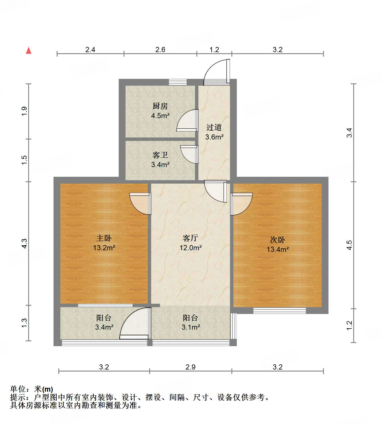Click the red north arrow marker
coord(28,51)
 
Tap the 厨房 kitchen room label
coord(160,106)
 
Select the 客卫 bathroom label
coord(160,155)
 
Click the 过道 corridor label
coord(214,127)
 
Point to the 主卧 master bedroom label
coord(104,238)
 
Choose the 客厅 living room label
coord(190,238)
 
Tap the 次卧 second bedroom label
coord(278,240)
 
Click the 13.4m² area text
coord(278,249)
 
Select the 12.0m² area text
coord(190,248)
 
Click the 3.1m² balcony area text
coord(191,327)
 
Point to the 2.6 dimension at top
coord(160,50)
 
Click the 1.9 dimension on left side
coord(24,111)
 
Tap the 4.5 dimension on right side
coord(349,245)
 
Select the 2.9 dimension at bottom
coord(190,367)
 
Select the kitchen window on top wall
coord(178,82)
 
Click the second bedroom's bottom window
coord(280,311)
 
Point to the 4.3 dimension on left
coord(24,243)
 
